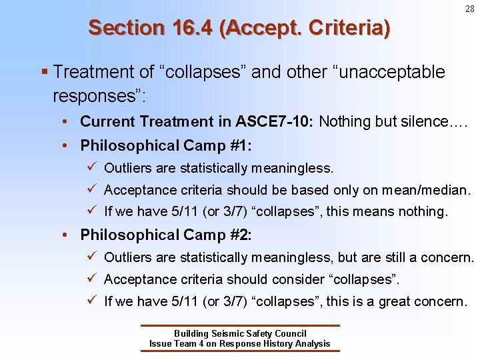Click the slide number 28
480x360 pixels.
coord(470,9)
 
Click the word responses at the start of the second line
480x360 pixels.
coord(97,95)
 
